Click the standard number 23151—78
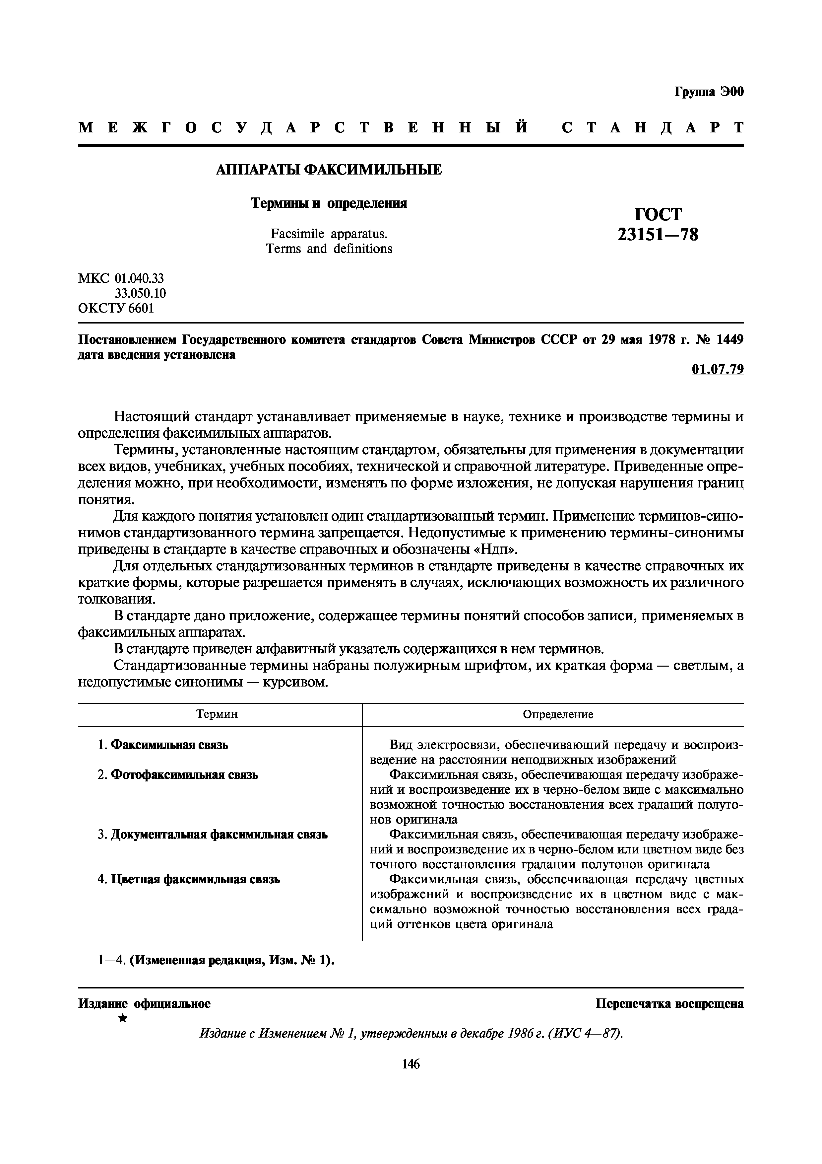pyautogui.click(x=658, y=235)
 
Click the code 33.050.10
pyautogui.click(x=140, y=293)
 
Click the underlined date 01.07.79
pyautogui.click(x=718, y=370)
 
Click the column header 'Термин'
pyautogui.click(x=217, y=714)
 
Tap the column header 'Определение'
pyautogui.click(x=558, y=714)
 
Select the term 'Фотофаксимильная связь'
pyautogui.click(x=184, y=775)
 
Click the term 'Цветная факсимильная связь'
pyautogui.click(x=195, y=879)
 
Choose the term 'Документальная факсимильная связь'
pyautogui.click(x=219, y=835)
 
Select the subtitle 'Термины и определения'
pyautogui.click(x=329, y=203)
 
